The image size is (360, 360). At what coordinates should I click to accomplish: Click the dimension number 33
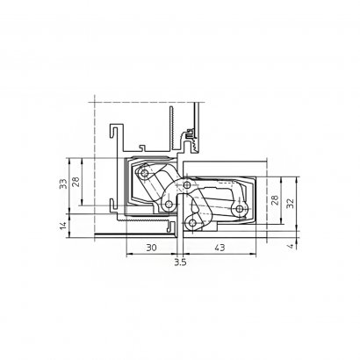[x=63, y=184]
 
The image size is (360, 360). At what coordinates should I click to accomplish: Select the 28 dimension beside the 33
[x=76, y=182]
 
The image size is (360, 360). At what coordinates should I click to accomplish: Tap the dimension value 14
[x=63, y=226]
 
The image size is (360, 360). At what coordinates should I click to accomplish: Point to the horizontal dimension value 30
[x=151, y=248]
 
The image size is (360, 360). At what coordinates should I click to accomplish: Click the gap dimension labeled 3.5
[x=180, y=262]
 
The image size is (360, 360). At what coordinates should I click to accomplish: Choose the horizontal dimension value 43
[x=220, y=248]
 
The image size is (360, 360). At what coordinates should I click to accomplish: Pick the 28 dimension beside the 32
[x=275, y=200]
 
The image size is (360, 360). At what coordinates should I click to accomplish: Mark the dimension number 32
[x=290, y=204]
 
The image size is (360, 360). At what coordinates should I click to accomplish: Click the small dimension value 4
[x=290, y=246]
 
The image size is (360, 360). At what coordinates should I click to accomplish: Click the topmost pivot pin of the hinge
[x=144, y=173]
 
